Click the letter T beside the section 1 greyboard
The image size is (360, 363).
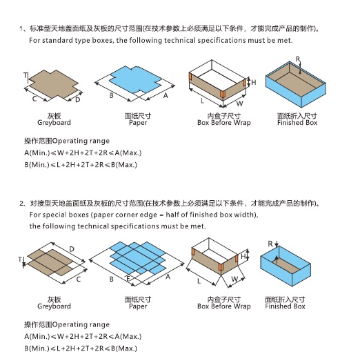coord(26,75)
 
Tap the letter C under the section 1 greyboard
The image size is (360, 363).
coord(34,99)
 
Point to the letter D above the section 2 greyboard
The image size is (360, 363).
coord(72,249)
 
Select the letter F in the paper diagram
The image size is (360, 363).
coord(128,278)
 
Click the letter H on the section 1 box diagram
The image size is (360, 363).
coord(254,82)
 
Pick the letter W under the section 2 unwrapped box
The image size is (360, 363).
coord(234,279)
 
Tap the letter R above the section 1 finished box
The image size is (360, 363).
coord(298,59)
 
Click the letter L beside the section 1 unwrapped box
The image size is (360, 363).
coord(202,101)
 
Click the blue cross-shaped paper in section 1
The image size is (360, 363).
coord(135,80)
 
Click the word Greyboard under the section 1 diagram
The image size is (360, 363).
coord(54,122)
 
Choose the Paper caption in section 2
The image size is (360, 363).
coord(138,306)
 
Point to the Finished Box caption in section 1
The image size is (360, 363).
coord(297,122)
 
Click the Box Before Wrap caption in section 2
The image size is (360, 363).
coord(224,306)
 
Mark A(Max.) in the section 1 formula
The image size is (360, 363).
coord(128,153)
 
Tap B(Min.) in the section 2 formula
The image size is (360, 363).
coord(37,349)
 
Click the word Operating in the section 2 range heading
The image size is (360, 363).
coord(68,324)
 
